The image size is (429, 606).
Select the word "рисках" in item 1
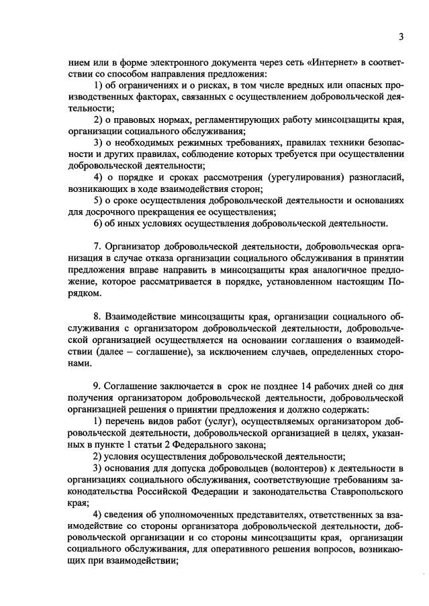[192, 85]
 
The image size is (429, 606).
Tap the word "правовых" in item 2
[129, 119]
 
